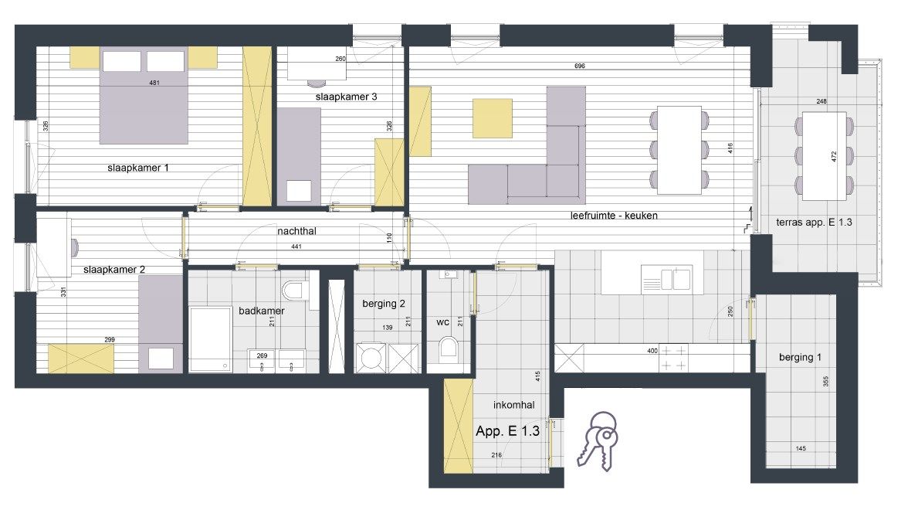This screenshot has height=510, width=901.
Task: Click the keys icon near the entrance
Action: [598, 441]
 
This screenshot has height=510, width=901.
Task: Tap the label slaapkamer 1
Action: [138, 168]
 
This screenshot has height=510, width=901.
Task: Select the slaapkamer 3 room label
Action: [346, 97]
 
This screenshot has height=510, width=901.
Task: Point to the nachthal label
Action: [296, 231]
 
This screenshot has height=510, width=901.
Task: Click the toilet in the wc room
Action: [448, 349]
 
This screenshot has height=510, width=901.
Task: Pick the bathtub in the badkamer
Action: [211, 340]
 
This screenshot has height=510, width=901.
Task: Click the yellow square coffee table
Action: [493, 118]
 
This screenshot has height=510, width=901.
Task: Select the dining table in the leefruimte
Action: [679, 150]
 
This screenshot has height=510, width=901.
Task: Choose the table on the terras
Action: [824, 156]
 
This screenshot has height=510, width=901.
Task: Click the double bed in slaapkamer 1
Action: [144, 96]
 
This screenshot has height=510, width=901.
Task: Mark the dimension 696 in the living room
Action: [579, 66]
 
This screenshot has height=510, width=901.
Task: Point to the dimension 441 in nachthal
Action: [296, 246]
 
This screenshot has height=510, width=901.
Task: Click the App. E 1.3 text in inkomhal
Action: [507, 431]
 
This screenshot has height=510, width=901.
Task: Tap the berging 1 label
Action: [800, 358]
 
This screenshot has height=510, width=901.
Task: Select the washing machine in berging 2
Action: [370, 358]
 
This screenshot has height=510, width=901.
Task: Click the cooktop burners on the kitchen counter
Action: [673, 358]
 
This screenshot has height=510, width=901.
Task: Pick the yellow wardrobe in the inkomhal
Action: [459, 426]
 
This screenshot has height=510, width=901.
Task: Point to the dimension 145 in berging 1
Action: [801, 448]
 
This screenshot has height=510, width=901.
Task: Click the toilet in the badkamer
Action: [296, 290]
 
